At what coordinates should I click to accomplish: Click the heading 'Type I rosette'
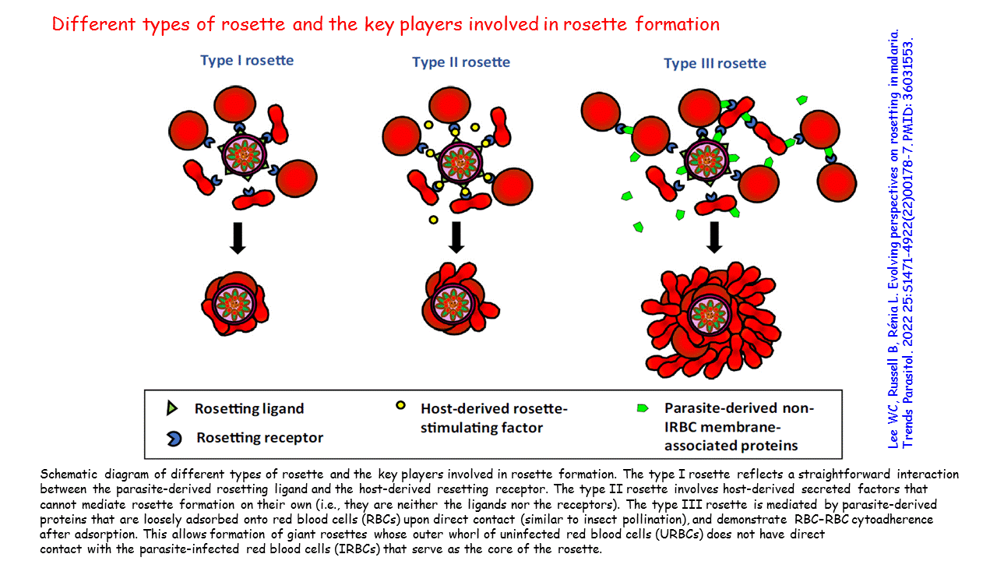coord(247,60)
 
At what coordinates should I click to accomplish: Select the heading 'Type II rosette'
coord(461,62)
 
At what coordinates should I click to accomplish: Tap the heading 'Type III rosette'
coord(714,63)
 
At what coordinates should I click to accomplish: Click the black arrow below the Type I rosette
coord(238,238)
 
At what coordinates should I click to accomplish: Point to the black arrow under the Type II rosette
coord(456,237)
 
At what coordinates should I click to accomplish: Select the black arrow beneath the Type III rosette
coord(713,238)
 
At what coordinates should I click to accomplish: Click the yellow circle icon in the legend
coord(400,405)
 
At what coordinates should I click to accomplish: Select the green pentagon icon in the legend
coord(644,408)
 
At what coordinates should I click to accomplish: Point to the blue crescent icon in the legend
coord(174,439)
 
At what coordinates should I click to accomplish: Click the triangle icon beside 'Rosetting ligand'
coord(172,408)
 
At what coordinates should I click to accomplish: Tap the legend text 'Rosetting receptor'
coord(259,438)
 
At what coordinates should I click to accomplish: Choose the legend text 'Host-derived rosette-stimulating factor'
coord(483,418)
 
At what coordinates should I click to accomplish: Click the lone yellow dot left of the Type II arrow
coord(432,221)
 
